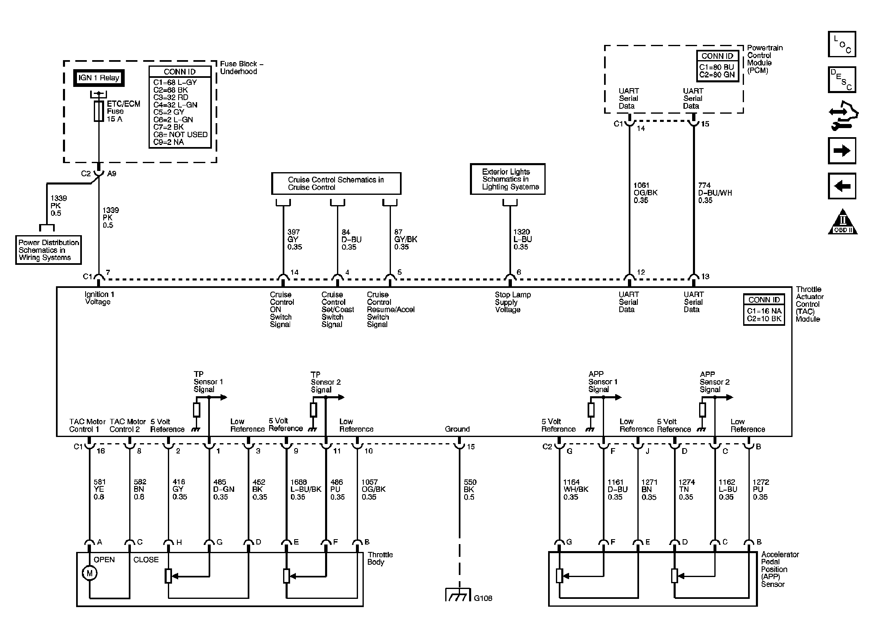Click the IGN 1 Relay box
coord(99,78)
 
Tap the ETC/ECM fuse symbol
coord(99,111)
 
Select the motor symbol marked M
coord(90,573)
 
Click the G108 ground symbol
coord(458,595)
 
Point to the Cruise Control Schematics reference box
coord(336,183)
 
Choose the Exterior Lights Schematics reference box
coord(508,179)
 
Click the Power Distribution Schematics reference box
coord(49,250)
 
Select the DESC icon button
coord(842,79)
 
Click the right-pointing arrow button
coord(842,151)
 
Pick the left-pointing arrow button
coord(842,186)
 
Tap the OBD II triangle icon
coord(842,222)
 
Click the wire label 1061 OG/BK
coord(645,193)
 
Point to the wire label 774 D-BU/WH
coord(715,193)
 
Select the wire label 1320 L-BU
coord(523,239)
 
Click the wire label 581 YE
coord(99,489)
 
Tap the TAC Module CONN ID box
coord(764,310)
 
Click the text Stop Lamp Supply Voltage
coord(513,302)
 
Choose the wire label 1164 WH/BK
coord(576,489)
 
